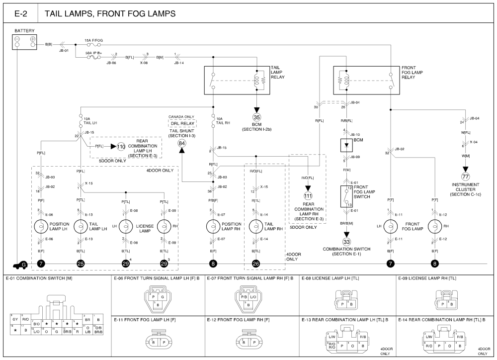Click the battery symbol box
[x=25, y=42]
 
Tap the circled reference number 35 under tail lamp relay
[x=256, y=118]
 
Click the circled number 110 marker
[x=121, y=147]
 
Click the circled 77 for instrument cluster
[x=465, y=177]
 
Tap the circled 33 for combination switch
[x=346, y=242]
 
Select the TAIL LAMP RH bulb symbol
[x=256, y=227]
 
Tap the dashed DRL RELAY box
[x=182, y=123]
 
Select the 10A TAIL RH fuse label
[x=222, y=121]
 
